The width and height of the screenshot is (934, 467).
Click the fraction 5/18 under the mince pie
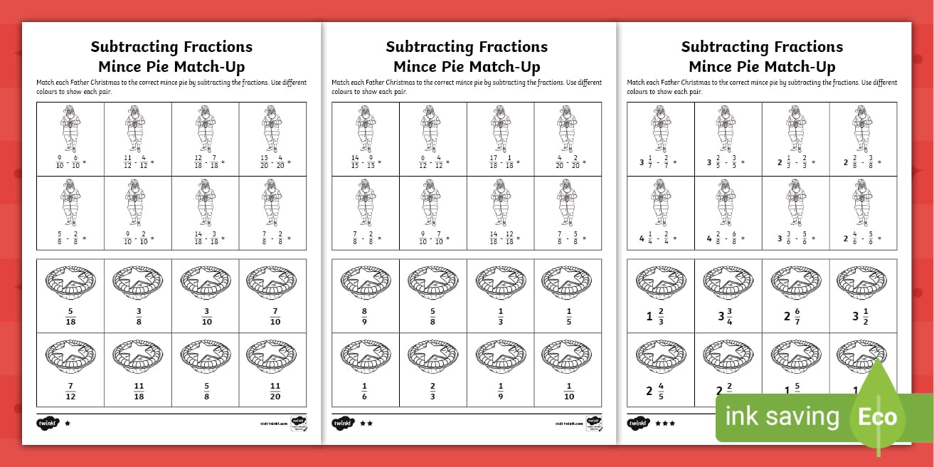click(70, 317)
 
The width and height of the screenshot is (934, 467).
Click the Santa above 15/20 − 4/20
click(272, 128)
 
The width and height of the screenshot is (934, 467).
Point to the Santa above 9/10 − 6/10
click(70, 128)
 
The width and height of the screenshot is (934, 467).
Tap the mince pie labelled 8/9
click(365, 317)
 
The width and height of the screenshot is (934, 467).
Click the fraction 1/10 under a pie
click(569, 391)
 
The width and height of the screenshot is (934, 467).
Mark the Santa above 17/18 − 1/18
click(501, 128)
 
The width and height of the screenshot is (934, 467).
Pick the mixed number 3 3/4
click(728, 317)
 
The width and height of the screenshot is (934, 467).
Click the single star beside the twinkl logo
click(68, 423)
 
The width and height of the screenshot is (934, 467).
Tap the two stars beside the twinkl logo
click(367, 423)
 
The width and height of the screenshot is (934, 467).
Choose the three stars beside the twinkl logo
click(665, 423)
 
